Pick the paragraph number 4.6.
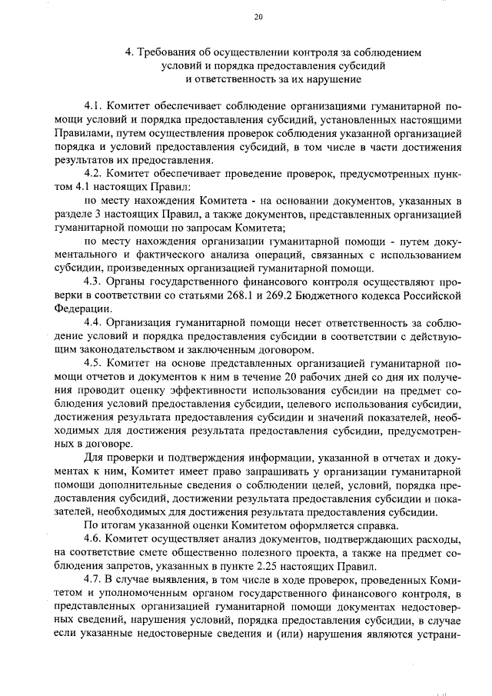[92, 540]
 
